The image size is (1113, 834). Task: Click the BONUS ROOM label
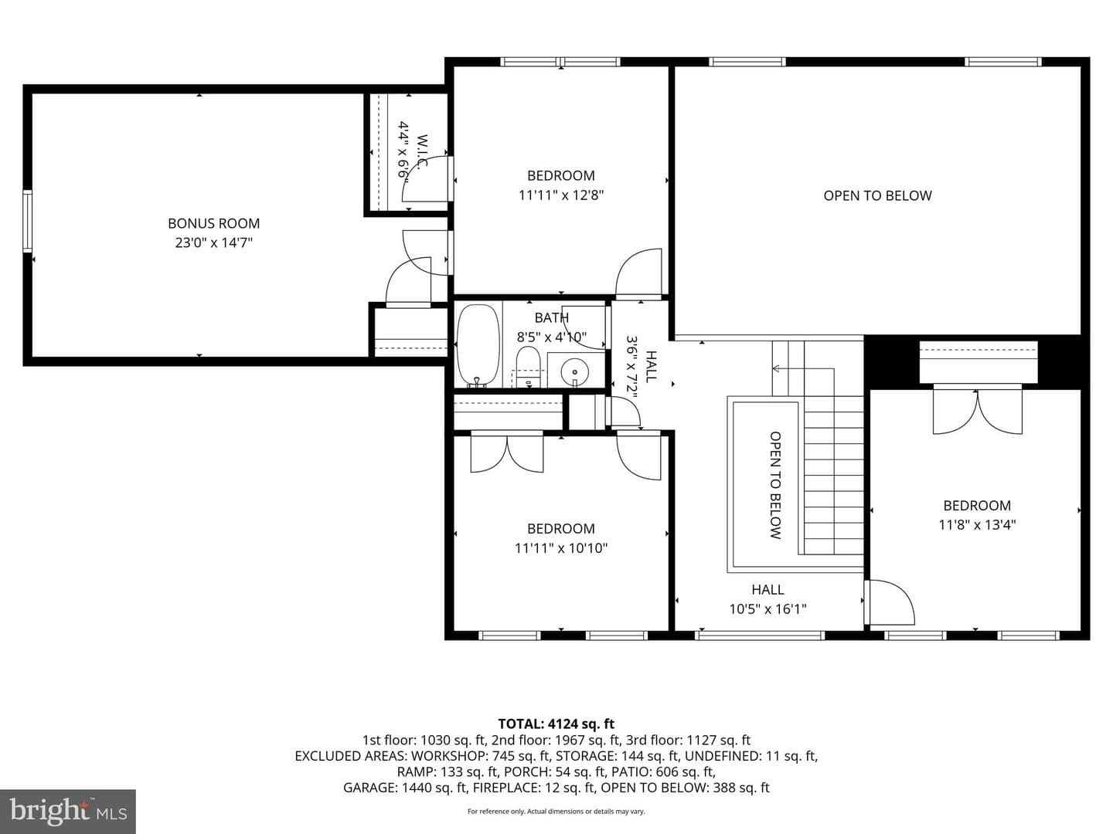click(x=213, y=223)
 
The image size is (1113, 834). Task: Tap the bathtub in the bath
click(x=478, y=345)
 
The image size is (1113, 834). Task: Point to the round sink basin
click(x=575, y=372)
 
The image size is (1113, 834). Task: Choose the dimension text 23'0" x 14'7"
click(x=213, y=242)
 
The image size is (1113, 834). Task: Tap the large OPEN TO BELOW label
click(x=877, y=195)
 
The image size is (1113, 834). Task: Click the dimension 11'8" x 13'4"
click(x=977, y=524)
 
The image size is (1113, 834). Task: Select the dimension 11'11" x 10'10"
click(x=561, y=548)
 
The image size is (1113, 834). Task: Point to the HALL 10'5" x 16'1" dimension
click(x=768, y=609)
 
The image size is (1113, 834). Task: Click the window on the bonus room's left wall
click(x=27, y=221)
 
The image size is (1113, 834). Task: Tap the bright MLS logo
click(x=68, y=811)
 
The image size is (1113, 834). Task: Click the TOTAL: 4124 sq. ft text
click(x=556, y=724)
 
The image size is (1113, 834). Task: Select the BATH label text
click(x=552, y=317)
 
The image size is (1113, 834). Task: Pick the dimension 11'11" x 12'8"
click(x=561, y=195)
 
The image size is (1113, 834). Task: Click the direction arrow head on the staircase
click(x=775, y=368)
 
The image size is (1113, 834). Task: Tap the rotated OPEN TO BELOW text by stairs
click(x=775, y=485)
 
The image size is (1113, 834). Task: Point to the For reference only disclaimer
click(x=556, y=811)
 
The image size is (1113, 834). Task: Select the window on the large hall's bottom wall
click(x=760, y=635)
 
